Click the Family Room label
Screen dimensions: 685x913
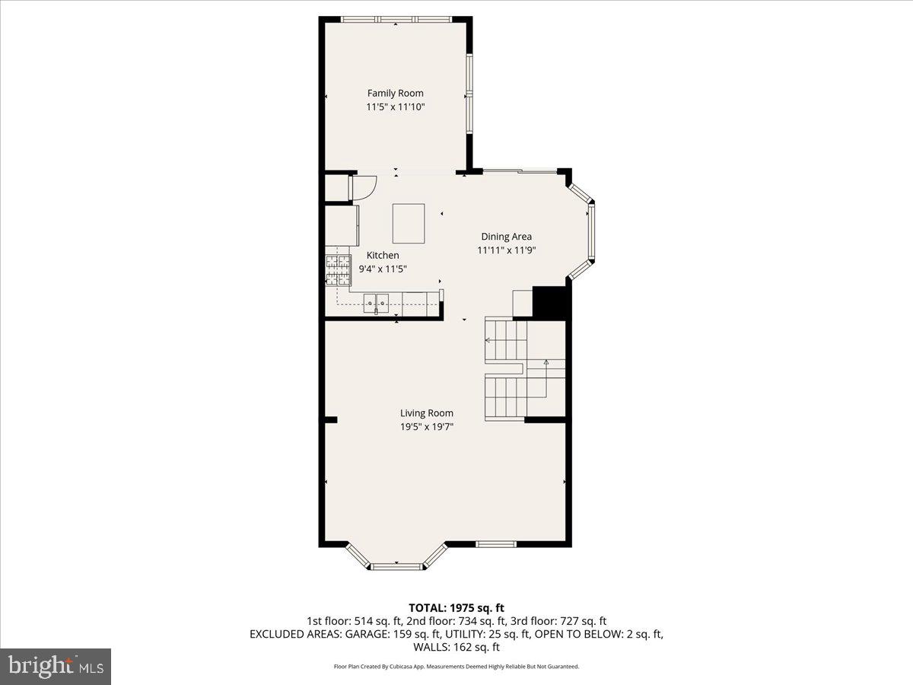pos(395,94)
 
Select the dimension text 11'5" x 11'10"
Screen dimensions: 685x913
pos(395,108)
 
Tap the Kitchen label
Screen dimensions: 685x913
pos(382,256)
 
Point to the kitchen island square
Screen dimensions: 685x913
pos(409,222)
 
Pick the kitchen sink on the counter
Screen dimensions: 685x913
pos(376,302)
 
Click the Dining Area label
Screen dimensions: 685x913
pos(506,237)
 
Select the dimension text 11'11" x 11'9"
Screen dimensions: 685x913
pos(507,250)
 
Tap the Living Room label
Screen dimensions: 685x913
pos(427,413)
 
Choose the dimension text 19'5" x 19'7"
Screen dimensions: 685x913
pos(427,427)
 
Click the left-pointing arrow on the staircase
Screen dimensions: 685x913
pos(488,339)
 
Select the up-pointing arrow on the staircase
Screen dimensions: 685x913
pos(546,364)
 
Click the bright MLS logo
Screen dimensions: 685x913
pos(56,666)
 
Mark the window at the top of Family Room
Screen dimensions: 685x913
pos(396,19)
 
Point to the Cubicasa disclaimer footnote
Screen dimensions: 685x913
pos(456,667)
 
